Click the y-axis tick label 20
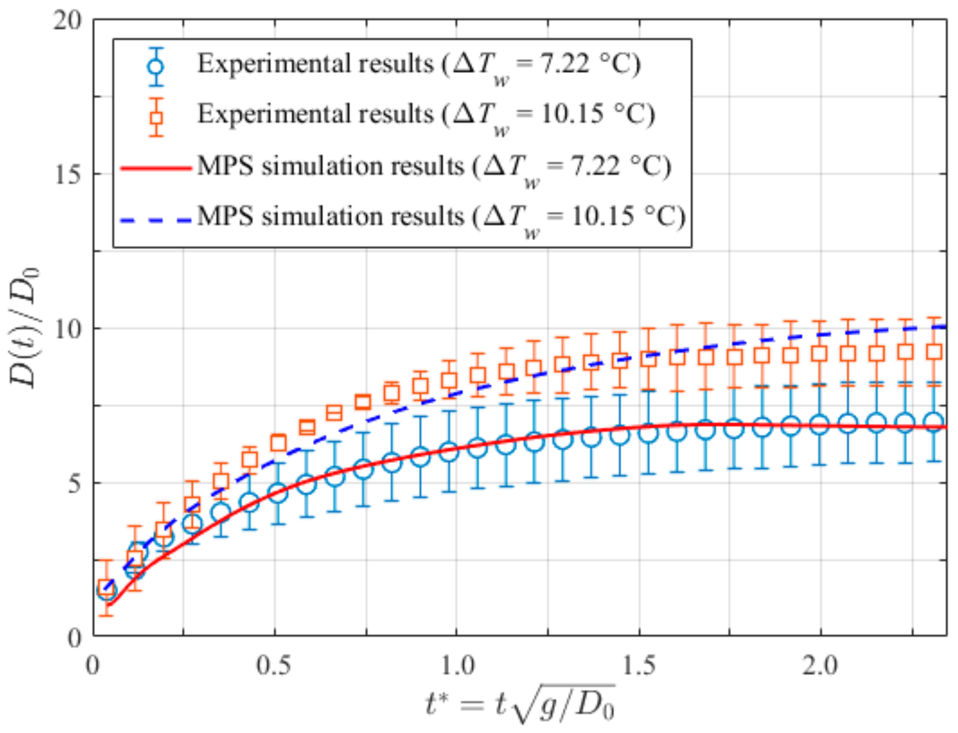point(67,21)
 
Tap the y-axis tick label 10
point(67,329)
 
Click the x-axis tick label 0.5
point(274,666)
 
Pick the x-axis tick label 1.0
point(457,666)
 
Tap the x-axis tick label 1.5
point(639,666)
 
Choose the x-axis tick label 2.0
point(820,666)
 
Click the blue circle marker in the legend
point(156,67)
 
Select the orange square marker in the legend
point(156,117)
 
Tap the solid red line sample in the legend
point(156,168)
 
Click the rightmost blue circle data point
point(934,422)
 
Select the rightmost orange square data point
point(934,351)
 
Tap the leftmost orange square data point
point(106,588)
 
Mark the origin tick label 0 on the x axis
point(93,666)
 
